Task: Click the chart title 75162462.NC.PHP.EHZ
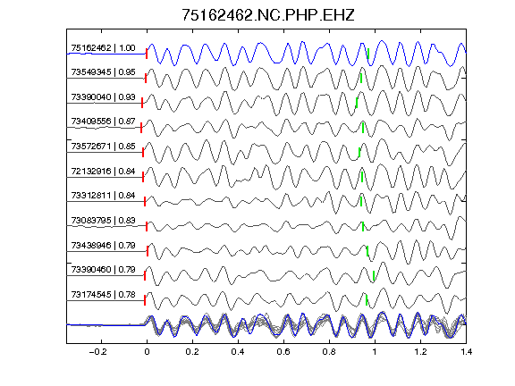[268, 15]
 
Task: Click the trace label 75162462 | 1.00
[103, 48]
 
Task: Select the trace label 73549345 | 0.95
[103, 72]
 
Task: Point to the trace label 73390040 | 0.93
[103, 97]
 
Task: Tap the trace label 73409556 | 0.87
[103, 122]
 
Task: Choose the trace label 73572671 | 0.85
[103, 147]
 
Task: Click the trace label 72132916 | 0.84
[103, 172]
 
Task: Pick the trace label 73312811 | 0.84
[103, 196]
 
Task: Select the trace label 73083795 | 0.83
[103, 221]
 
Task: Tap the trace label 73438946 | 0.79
[103, 246]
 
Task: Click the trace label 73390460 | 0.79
[103, 270]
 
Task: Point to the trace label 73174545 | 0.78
[103, 295]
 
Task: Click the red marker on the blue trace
[147, 54]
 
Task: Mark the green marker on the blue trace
[368, 54]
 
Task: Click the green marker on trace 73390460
[374, 276]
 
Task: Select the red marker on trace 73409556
[141, 128]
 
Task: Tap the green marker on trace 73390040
[357, 103]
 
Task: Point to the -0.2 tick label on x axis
[97, 352]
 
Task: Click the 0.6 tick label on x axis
[283, 352]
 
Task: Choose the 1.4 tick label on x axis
[466, 352]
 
